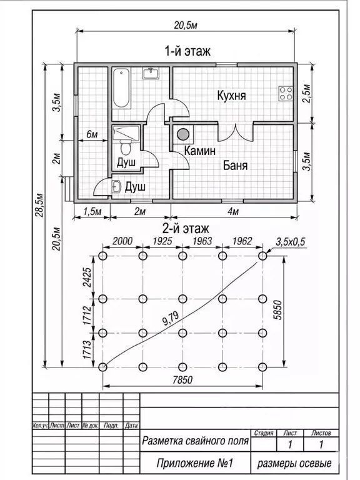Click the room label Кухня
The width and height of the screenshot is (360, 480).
231,96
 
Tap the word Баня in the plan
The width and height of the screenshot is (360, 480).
235,166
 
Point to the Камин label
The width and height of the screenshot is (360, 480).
200,151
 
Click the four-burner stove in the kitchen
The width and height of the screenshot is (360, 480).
286,93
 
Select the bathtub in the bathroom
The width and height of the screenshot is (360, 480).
121,88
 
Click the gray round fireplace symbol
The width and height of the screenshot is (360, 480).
183,134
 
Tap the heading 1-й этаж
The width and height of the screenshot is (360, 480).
187,51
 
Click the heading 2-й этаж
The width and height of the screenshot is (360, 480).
186,228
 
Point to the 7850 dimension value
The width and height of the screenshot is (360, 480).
182,380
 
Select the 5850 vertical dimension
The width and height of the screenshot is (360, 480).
277,310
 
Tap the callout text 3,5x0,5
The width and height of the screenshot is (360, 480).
291,242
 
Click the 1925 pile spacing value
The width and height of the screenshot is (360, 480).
162,241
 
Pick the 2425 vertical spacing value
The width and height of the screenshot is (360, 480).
87,277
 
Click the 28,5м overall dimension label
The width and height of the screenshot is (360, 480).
39,204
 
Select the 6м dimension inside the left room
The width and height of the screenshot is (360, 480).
92,134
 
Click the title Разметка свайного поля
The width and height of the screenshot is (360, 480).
195,441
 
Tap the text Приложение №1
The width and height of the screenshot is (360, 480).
195,463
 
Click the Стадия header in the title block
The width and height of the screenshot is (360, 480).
264,433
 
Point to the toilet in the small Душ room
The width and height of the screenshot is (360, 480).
125,147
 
